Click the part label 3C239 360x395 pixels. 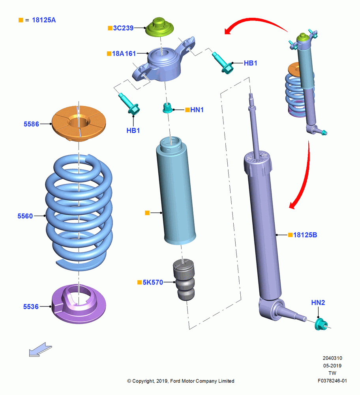click(x=123, y=28)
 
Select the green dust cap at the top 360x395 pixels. click(x=159, y=27)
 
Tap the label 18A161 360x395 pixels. click(x=124, y=54)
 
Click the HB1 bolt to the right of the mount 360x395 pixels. click(x=223, y=62)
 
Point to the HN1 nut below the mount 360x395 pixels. click(x=168, y=108)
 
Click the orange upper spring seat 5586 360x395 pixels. click(x=79, y=123)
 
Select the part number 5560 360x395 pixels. click(x=25, y=216)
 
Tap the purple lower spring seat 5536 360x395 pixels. click(x=79, y=304)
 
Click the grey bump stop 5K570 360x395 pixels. click(x=184, y=280)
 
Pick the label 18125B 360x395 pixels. click(x=305, y=235)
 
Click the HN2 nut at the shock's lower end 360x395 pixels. click(x=321, y=324)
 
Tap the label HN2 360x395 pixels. click(x=318, y=303)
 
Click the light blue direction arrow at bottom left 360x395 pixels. click(x=40, y=350)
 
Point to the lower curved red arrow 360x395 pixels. click(x=304, y=176)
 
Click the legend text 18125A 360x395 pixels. click(x=44, y=20)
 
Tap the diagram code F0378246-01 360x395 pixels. click(x=332, y=381)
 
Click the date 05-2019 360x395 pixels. click(x=332, y=366)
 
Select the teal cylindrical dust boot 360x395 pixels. click(x=176, y=191)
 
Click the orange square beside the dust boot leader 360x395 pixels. click(x=147, y=213)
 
